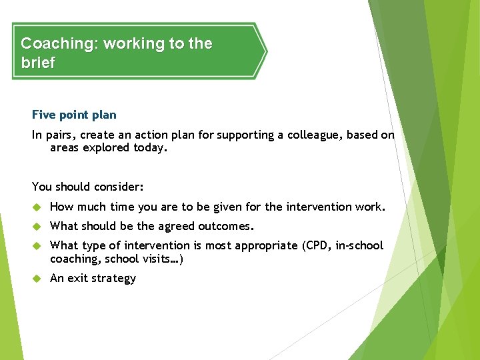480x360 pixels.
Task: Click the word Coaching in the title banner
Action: click(58, 44)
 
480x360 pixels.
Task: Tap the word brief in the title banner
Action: click(38, 63)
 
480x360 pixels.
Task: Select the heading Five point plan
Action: click(74, 115)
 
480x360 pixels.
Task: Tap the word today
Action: click(149, 147)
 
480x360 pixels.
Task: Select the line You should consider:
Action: click(88, 187)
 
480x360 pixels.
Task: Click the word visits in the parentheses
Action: click(161, 259)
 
